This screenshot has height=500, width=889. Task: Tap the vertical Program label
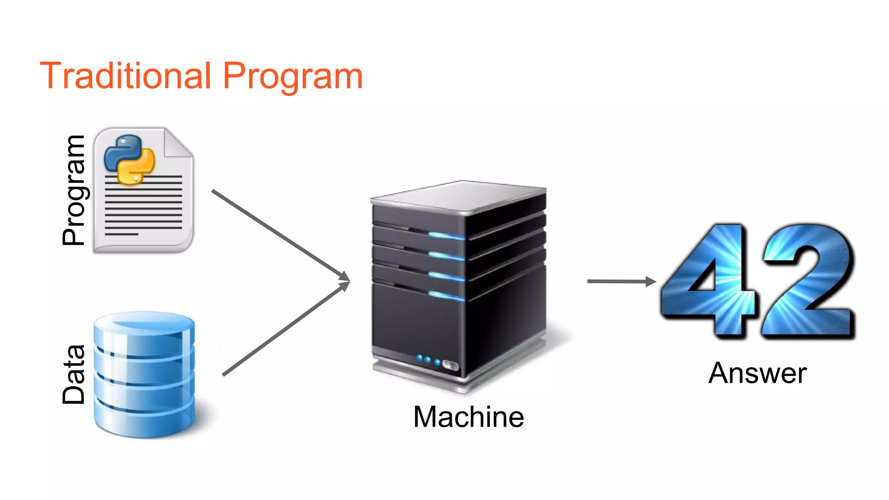click(74, 190)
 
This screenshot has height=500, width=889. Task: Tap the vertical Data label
click(74, 374)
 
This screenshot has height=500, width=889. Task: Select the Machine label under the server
click(468, 417)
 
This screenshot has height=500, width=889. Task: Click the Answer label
click(757, 373)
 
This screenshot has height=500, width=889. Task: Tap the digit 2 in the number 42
click(807, 280)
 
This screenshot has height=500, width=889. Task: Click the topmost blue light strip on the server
click(446, 236)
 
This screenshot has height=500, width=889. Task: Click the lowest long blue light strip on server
click(446, 296)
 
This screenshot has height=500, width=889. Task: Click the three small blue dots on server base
click(428, 360)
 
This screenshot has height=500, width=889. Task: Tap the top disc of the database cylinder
click(145, 323)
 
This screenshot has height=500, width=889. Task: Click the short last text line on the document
click(122, 234)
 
